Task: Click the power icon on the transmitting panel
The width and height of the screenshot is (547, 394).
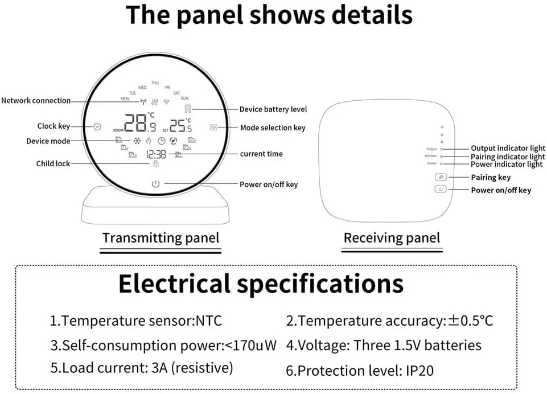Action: [155, 183]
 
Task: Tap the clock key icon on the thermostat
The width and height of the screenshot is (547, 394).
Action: [97, 126]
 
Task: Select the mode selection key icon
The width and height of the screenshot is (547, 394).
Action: [213, 128]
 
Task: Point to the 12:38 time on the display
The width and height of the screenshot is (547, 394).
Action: [156, 154]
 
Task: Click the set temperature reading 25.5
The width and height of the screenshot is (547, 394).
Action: [180, 125]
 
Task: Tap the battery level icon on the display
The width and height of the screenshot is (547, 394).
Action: [188, 109]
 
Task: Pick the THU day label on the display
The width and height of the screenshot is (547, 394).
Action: [155, 83]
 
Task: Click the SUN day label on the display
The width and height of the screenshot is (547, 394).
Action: [184, 98]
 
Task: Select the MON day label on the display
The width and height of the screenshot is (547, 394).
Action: [125, 98]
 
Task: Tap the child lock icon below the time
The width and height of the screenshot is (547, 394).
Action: [155, 163]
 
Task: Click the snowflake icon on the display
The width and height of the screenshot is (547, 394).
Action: [137, 141]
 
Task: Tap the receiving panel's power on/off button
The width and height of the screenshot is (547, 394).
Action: [441, 189]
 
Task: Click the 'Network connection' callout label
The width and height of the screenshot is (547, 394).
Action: [36, 101]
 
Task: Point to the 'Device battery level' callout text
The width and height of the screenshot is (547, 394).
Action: [273, 109]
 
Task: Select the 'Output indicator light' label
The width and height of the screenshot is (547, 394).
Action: [508, 148]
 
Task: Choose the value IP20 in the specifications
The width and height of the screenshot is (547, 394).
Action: [419, 371]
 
